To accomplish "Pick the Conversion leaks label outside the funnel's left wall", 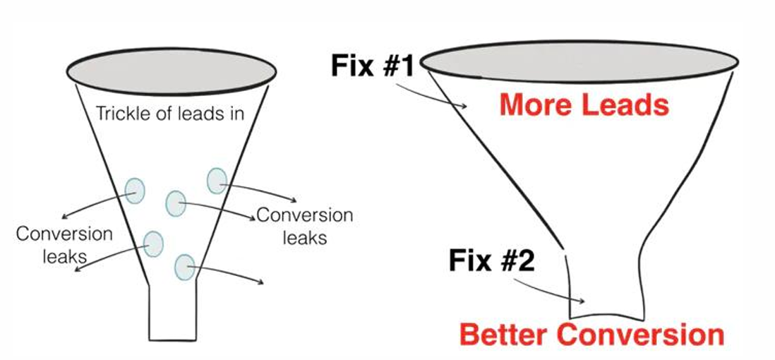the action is coord(64,244).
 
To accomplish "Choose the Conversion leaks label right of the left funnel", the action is coord(304,226).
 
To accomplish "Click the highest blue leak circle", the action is coord(216,181).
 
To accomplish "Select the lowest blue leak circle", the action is coord(184,267).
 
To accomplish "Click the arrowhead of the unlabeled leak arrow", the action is coord(262,282).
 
